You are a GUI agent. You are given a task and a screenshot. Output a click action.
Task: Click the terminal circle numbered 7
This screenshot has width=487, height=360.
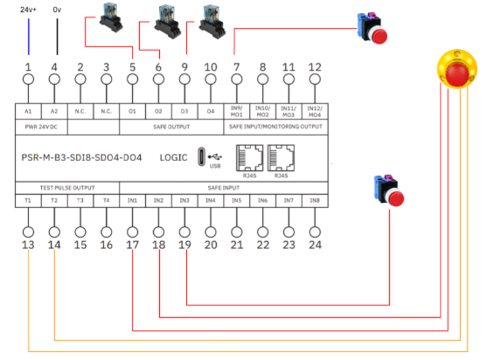[x=237, y=80]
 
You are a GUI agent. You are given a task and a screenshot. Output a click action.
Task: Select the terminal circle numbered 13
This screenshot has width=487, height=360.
[x=28, y=232]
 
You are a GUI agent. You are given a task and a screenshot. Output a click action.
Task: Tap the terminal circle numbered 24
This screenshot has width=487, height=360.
[x=315, y=232]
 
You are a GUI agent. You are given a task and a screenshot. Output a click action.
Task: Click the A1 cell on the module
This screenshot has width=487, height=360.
[x=28, y=111]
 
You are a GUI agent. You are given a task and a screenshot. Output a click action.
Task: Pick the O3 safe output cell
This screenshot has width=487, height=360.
[x=184, y=111]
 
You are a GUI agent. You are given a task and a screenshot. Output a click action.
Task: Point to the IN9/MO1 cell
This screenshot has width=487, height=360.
[x=237, y=111]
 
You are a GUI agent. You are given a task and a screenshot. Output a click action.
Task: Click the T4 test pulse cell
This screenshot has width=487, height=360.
[x=106, y=200]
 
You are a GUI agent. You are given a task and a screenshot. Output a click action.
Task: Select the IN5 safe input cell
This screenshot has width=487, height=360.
[x=237, y=200]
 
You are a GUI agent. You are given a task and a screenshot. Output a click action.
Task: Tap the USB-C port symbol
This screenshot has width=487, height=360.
[x=202, y=156]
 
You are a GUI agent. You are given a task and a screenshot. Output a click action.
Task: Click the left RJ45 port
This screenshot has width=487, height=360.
[x=250, y=157]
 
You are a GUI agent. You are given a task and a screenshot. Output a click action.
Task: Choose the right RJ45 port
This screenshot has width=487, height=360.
[x=281, y=157]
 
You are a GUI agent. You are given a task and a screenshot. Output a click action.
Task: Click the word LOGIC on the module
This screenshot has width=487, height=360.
[x=174, y=157]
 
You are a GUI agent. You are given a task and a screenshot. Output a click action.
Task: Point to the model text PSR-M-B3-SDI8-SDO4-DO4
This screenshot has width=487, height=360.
[x=81, y=157]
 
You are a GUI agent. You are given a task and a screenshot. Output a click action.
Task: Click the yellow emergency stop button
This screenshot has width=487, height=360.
[x=457, y=69]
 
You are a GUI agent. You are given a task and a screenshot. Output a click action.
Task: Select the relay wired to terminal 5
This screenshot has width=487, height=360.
[x=111, y=17]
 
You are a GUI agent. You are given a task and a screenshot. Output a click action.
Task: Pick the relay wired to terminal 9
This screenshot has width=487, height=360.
[x=212, y=22]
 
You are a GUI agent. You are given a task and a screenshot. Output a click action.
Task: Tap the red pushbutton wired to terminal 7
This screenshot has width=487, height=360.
[x=372, y=28]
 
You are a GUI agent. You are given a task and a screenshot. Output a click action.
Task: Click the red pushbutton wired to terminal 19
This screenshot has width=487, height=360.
[x=389, y=190]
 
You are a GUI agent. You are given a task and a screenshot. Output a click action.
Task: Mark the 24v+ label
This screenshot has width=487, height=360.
[x=28, y=10]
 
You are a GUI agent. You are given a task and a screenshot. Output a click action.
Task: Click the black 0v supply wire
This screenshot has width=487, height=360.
[x=57, y=37]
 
